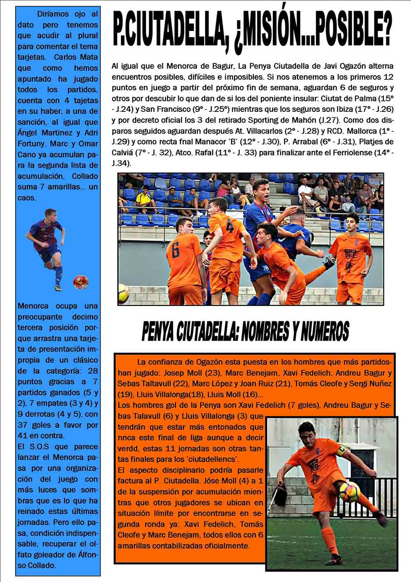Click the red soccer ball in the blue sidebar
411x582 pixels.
pyautogui.click(x=81, y=282)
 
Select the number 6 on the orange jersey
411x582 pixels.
pyautogui.click(x=176, y=250)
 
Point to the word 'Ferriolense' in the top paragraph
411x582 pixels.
pyautogui.click(x=366, y=152)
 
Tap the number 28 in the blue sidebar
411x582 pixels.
pyautogui.click(x=93, y=371)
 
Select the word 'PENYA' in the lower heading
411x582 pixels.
pyautogui.click(x=163, y=332)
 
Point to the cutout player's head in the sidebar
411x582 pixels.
pyautogui.click(x=51, y=214)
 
